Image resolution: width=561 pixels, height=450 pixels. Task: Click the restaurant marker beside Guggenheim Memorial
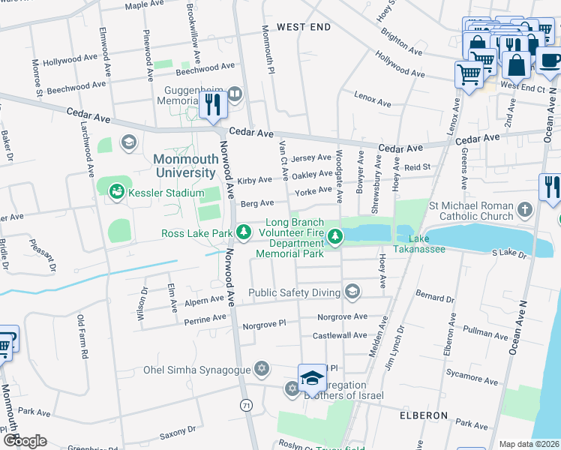pyautogui.click(x=214, y=105)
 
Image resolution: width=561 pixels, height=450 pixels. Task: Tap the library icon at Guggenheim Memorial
pyautogui.click(x=235, y=94)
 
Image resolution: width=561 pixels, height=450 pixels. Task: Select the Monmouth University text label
pyautogui.click(x=184, y=166)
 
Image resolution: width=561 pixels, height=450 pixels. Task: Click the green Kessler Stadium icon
pyautogui.click(x=116, y=193)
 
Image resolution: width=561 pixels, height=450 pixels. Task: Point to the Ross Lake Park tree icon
pyautogui.click(x=243, y=233)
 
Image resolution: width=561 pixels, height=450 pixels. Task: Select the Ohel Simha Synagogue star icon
pyautogui.click(x=261, y=368)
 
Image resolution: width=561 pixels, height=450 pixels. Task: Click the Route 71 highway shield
pyautogui.click(x=246, y=405)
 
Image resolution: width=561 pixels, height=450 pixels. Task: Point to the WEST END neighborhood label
pyautogui.click(x=303, y=27)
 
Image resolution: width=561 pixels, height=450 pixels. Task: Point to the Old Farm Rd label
pyautogui.click(x=82, y=337)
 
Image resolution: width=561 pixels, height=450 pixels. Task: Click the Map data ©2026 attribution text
pyautogui.click(x=529, y=444)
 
